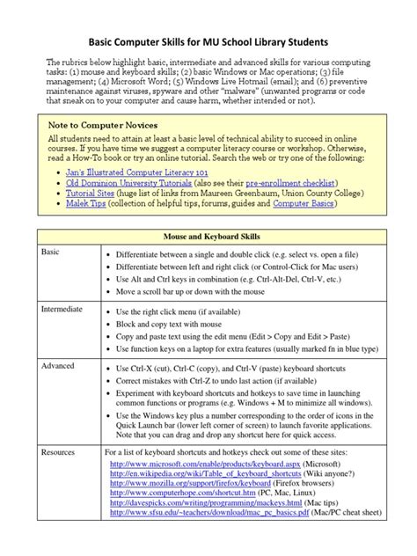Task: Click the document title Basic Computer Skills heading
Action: coord(208,42)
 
